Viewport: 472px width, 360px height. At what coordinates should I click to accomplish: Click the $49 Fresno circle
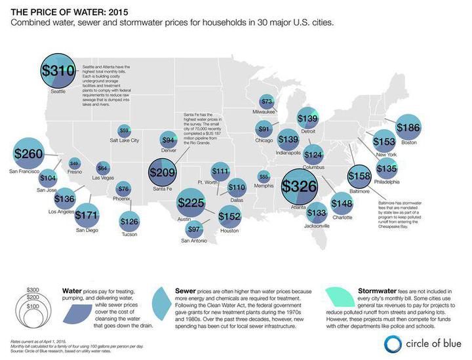coord(74,163)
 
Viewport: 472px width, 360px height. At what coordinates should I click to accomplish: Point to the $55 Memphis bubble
coord(264,176)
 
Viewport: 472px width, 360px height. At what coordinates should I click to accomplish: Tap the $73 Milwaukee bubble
coord(267,102)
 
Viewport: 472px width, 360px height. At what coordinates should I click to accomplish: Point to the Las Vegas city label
coord(103,178)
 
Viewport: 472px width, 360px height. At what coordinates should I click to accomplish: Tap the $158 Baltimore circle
coord(359,176)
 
